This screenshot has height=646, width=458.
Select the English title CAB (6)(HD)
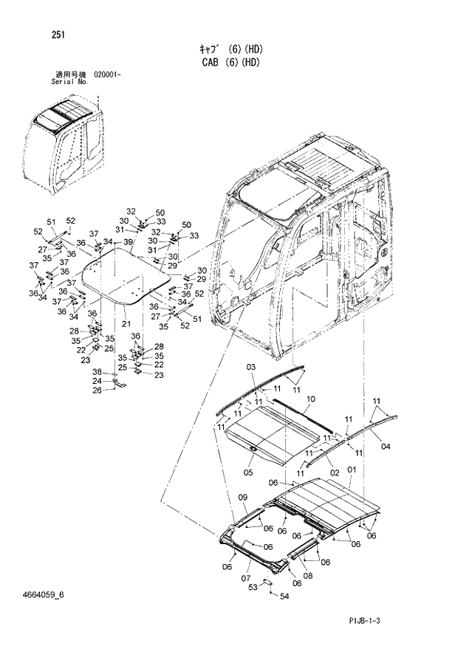[231, 63]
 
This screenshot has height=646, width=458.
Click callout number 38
[117, 371]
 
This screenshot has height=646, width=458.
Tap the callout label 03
[250, 367]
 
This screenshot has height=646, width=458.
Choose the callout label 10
[310, 399]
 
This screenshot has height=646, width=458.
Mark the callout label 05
[249, 472]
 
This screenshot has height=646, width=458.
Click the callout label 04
[385, 446]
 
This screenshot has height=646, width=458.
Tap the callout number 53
[253, 586]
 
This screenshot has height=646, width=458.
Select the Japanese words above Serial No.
[71, 75]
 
